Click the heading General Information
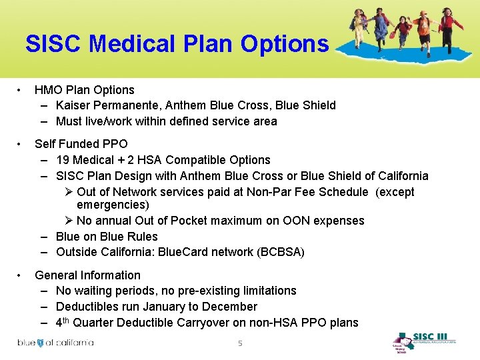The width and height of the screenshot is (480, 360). click(87, 275)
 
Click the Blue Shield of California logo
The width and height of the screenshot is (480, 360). click(55, 343)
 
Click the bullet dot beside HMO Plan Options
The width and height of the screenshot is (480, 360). click(22, 90)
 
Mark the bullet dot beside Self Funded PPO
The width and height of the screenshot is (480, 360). click(22, 144)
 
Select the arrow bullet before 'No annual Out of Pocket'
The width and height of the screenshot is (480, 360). click(69, 221)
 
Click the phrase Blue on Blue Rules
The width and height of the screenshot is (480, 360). click(107, 237)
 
